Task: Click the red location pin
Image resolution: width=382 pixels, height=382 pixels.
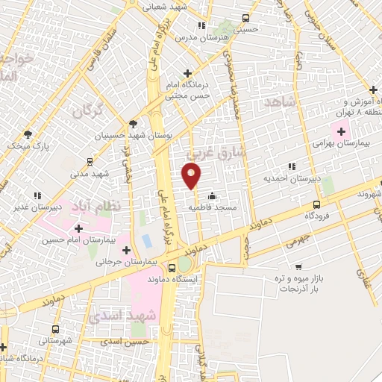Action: pyautogui.click(x=191, y=176)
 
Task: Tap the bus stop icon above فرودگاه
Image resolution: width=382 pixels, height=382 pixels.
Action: pyautogui.click(x=316, y=204)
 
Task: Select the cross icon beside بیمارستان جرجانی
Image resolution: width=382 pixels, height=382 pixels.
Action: pyautogui.click(x=126, y=250)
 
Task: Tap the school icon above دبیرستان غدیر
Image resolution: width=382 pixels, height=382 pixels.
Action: pyautogui.click(x=37, y=195)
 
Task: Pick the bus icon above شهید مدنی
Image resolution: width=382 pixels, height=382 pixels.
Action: pyautogui.click(x=90, y=161)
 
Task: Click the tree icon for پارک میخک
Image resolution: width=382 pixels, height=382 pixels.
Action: pyautogui.click(x=28, y=134)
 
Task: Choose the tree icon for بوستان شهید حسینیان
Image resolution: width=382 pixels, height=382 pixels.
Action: pyautogui.click(x=134, y=124)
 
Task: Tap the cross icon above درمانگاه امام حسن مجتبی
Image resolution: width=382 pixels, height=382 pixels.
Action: pyautogui.click(x=187, y=73)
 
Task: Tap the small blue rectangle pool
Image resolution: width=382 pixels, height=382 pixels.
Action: pyautogui.click(x=145, y=242)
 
